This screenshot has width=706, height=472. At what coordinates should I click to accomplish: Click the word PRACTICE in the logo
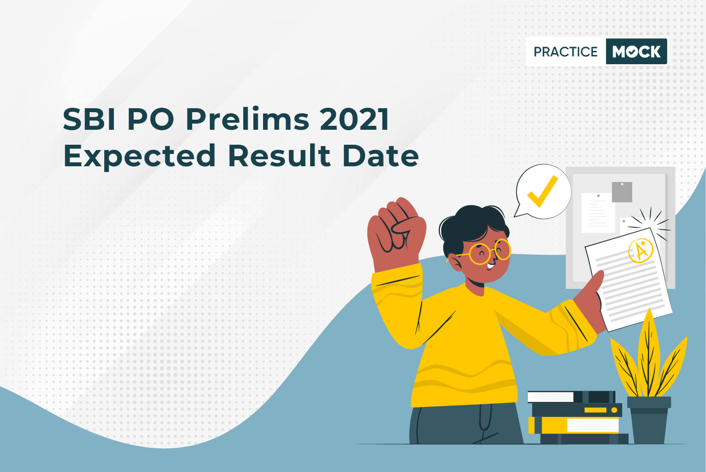click(x=566, y=51)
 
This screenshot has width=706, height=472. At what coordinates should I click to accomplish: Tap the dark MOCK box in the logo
click(x=636, y=51)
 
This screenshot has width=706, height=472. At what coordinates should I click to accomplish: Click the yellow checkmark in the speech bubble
click(x=542, y=191)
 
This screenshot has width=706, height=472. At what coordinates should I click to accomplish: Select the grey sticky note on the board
click(x=622, y=192)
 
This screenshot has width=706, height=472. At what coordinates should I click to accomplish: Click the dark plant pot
click(x=649, y=420)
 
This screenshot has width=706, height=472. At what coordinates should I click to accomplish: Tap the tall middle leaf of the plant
click(x=649, y=353)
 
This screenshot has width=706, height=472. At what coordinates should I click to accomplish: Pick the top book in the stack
click(x=571, y=397)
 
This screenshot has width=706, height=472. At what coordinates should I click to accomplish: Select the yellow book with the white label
click(x=574, y=425)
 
